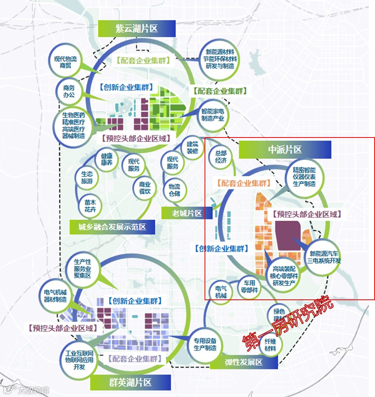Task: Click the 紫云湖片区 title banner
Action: click(137, 29)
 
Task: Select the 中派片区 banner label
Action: click(285, 150)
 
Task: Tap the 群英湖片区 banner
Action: click(130, 383)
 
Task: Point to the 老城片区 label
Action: click(187, 213)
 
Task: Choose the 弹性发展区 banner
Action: click(244, 362)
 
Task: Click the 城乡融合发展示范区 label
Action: click(112, 227)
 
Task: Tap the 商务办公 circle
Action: click(69, 91)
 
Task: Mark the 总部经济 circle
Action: click(220, 156)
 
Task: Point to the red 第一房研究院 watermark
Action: click(287, 324)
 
